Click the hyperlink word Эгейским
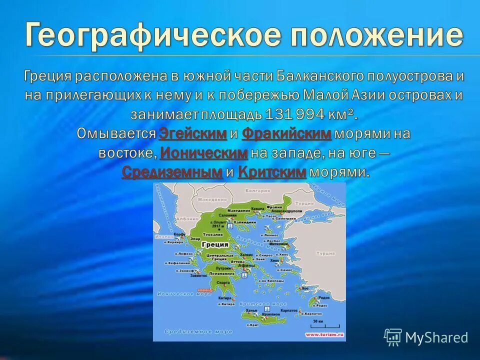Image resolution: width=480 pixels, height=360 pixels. [x=193, y=133]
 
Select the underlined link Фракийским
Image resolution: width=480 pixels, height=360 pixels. [x=286, y=133]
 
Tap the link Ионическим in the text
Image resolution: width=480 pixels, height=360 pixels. [x=204, y=153]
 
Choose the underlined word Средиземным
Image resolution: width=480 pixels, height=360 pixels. [x=172, y=172]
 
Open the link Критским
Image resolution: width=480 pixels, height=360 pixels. [x=272, y=172]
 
